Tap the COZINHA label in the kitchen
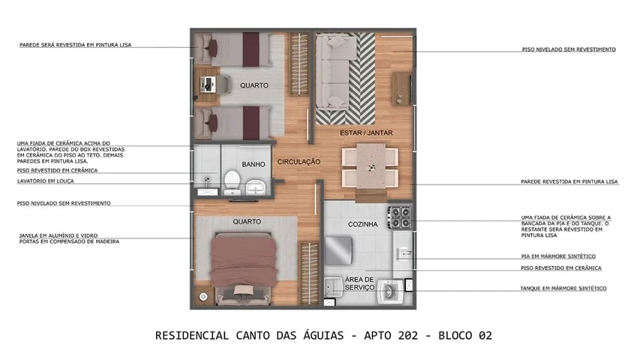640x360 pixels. [x=362, y=224]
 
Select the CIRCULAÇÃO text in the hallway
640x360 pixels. [x=299, y=161]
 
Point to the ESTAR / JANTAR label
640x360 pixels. [x=361, y=132]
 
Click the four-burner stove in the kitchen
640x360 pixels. [x=399, y=217]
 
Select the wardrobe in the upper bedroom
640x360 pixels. [x=299, y=64]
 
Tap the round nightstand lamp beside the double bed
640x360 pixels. [x=203, y=297]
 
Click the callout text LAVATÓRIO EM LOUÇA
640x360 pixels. [x=46, y=181]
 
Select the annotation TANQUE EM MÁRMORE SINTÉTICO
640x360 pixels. [x=563, y=288]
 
